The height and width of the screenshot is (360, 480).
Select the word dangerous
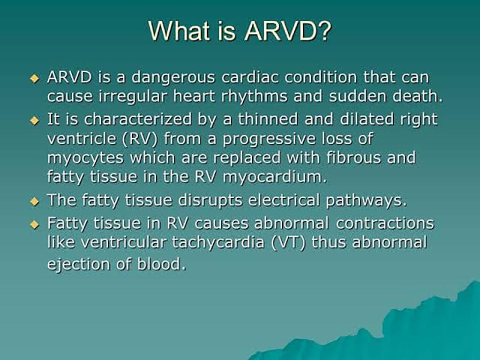(173, 78)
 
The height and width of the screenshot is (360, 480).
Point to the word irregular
(133, 97)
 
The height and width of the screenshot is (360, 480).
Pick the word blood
(161, 264)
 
